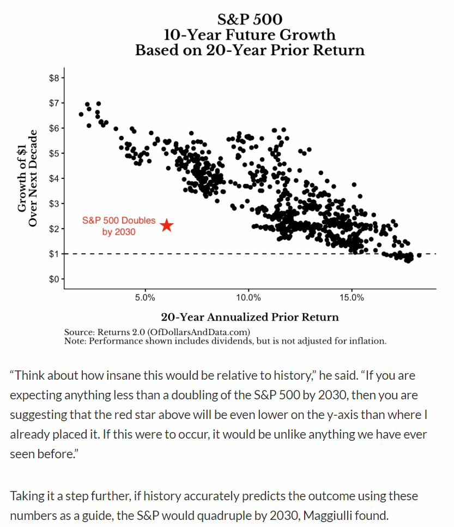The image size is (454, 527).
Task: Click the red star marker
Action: pyautogui.click(x=167, y=225)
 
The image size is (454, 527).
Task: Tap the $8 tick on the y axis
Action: pyautogui.click(x=53, y=78)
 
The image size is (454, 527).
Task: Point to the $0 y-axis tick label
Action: pyautogui.click(x=53, y=279)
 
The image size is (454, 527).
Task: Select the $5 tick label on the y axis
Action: pyautogui.click(x=53, y=153)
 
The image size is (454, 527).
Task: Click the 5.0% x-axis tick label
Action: pyautogui.click(x=145, y=298)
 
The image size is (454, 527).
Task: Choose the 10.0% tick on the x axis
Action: pyautogui.click(x=249, y=298)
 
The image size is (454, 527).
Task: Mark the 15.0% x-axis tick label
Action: pyautogui.click(x=352, y=298)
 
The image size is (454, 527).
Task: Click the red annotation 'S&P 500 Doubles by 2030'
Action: pyautogui.click(x=119, y=226)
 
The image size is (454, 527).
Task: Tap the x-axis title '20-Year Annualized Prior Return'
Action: pyautogui.click(x=250, y=317)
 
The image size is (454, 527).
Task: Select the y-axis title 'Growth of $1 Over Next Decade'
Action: pyautogui.click(x=27, y=178)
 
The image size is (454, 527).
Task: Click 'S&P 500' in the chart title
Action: pyautogui.click(x=250, y=20)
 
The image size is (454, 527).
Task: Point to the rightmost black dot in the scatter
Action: pyautogui.click(x=419, y=255)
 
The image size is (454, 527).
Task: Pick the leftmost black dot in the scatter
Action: pyautogui.click(x=81, y=114)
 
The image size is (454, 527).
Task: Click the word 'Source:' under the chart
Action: pyautogui.click(x=79, y=332)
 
